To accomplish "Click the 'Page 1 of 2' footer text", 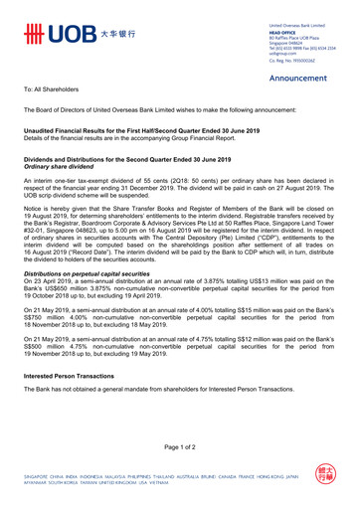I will click(x=180, y=453).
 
